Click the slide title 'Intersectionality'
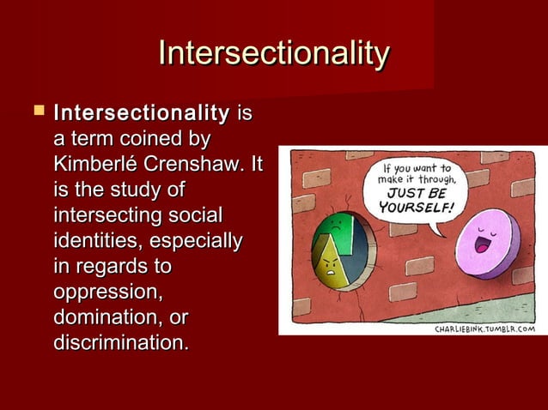coord(274,53)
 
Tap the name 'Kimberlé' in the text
coord(94,162)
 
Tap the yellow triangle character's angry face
coord(329,268)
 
